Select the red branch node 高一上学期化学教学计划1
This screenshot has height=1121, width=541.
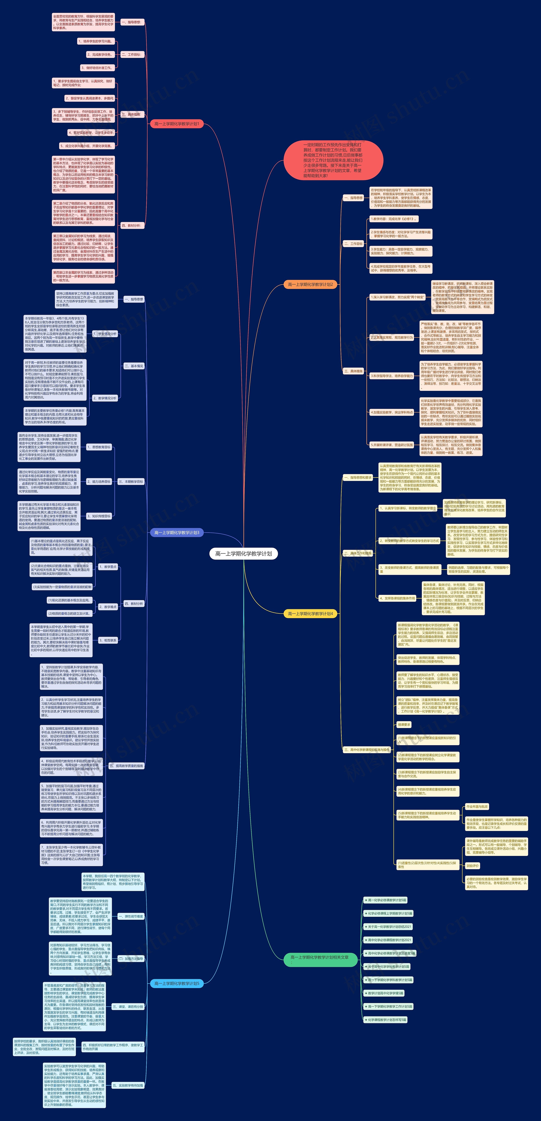pos(176,124)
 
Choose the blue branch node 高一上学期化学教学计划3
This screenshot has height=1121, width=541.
pos(176,533)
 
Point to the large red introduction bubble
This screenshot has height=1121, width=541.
pos(333,160)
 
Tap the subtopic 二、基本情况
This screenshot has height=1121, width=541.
pos(134,366)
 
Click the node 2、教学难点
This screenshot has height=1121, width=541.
pos(108,607)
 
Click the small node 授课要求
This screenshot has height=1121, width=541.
pos(404,725)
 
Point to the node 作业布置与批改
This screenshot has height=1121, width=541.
pos(477,806)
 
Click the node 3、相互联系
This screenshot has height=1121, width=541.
pos(108,640)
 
